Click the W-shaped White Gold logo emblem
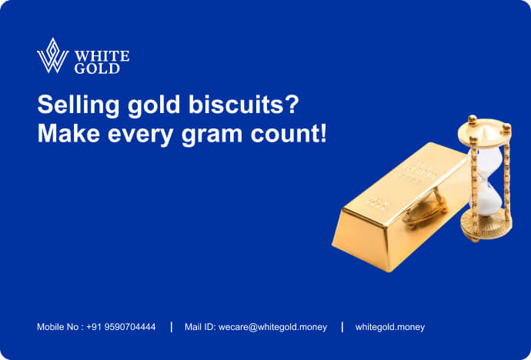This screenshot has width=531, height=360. point(52,56)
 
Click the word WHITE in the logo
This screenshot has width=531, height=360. point(102,56)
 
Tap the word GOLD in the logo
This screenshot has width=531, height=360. point(97,68)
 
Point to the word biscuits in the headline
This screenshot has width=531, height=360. point(235,105)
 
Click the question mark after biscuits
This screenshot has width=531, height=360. point(292,105)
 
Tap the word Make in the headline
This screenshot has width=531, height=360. point(68,134)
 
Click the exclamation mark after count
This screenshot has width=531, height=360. point(323,133)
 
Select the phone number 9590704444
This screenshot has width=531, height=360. point(130,327)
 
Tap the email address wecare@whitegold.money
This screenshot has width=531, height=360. point(272,327)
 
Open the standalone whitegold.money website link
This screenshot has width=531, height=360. point(389,327)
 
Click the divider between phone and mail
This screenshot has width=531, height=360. point(172,327)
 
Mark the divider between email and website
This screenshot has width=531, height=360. point(342,327)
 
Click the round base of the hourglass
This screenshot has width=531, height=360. point(486,225)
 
